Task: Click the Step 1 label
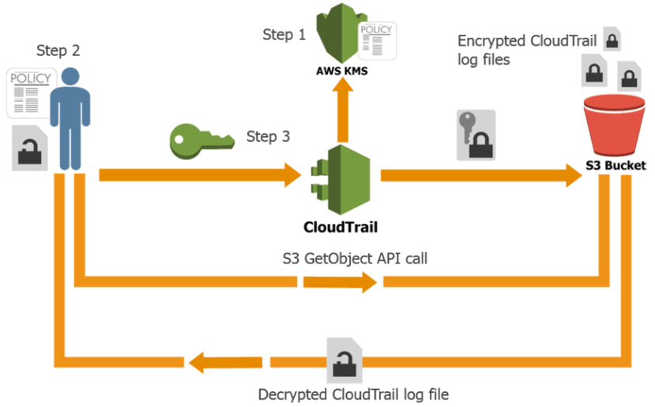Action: (284, 35)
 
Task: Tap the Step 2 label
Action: (58, 50)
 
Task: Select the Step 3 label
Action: (268, 136)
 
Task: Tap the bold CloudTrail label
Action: (340, 227)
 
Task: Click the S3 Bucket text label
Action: (615, 166)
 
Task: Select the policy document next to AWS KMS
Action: (377, 41)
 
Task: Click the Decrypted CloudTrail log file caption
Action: (354, 393)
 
